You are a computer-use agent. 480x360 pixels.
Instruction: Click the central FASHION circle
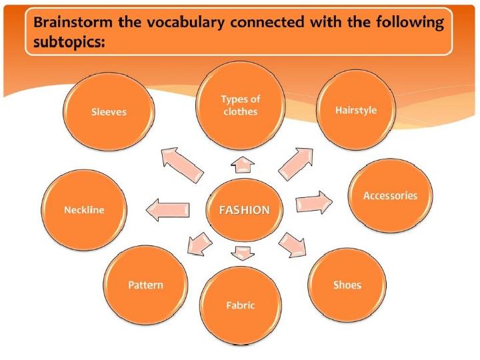245,210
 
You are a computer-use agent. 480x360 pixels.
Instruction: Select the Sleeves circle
109,112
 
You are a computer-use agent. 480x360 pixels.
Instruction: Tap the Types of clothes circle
240,105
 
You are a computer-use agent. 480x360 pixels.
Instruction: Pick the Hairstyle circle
356,110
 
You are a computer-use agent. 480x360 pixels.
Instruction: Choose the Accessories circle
390,196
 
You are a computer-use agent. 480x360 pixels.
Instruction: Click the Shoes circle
347,285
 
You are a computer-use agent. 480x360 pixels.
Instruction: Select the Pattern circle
145,285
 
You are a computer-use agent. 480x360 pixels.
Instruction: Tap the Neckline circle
84,210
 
